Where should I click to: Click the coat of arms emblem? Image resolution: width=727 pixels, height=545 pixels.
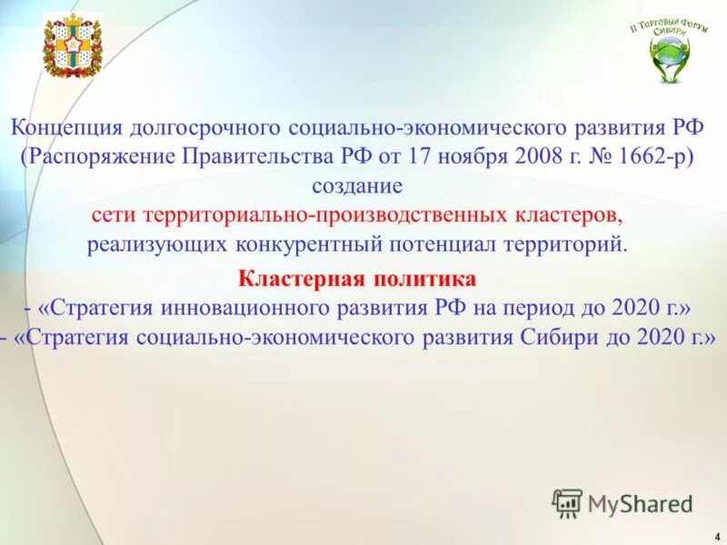tap(73, 45)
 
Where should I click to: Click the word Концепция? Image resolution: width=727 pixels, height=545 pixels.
tap(67, 125)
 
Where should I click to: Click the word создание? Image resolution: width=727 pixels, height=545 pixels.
tap(356, 186)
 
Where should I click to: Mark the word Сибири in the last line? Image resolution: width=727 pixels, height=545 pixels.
tap(553, 337)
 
